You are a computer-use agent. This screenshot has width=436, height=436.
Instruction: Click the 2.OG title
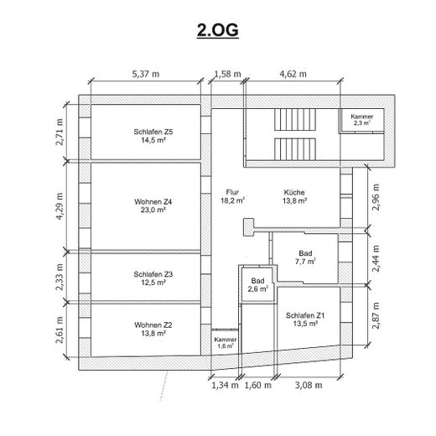[218, 30]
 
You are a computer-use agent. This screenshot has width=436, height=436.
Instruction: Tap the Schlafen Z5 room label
[153, 136]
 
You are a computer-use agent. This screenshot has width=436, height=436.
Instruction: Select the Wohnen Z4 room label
[153, 205]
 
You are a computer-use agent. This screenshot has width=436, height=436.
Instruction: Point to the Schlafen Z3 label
[153, 278]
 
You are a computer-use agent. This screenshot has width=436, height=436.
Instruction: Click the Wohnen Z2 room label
[153, 329]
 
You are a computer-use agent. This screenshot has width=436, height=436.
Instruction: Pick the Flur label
[232, 196]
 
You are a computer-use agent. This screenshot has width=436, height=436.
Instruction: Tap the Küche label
[294, 196]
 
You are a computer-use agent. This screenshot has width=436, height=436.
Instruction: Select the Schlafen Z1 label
[305, 319]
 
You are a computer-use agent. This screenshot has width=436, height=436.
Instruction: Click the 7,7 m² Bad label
[305, 257]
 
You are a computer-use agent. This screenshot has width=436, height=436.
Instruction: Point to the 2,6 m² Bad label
[257, 284]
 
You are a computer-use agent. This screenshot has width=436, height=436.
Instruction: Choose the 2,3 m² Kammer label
[362, 120]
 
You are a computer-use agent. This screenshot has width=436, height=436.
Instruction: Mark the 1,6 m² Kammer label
[226, 343]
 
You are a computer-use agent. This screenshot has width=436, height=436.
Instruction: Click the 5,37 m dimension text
[146, 74]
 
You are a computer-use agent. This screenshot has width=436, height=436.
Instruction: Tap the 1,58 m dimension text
[227, 74]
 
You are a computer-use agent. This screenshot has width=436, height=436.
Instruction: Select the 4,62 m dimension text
[293, 74]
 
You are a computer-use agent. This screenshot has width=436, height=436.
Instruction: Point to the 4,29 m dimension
[60, 206]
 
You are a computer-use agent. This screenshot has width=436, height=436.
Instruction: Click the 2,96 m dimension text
[376, 197]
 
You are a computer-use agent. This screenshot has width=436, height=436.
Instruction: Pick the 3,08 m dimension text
[309, 385]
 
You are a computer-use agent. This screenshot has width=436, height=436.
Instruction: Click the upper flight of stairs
[295, 119]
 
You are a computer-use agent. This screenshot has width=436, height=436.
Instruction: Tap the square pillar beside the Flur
[248, 227]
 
